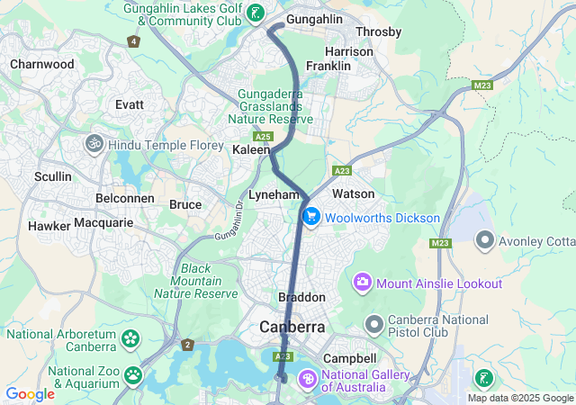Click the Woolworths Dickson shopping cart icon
(x=311, y=218)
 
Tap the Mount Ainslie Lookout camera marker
(x=363, y=283)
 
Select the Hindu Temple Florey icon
(x=94, y=144)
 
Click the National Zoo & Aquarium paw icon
(x=133, y=374)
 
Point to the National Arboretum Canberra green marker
(x=131, y=339)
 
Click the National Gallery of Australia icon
(x=308, y=380)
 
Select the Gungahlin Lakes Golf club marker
(x=256, y=13)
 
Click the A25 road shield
(x=263, y=136)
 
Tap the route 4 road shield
(x=134, y=41)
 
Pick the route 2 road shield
(x=187, y=345)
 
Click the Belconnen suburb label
(x=121, y=196)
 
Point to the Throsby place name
(x=379, y=31)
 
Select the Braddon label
(x=301, y=297)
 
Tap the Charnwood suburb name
(x=41, y=64)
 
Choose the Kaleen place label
(x=251, y=149)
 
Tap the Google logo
(x=31, y=394)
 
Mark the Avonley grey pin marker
(x=485, y=239)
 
